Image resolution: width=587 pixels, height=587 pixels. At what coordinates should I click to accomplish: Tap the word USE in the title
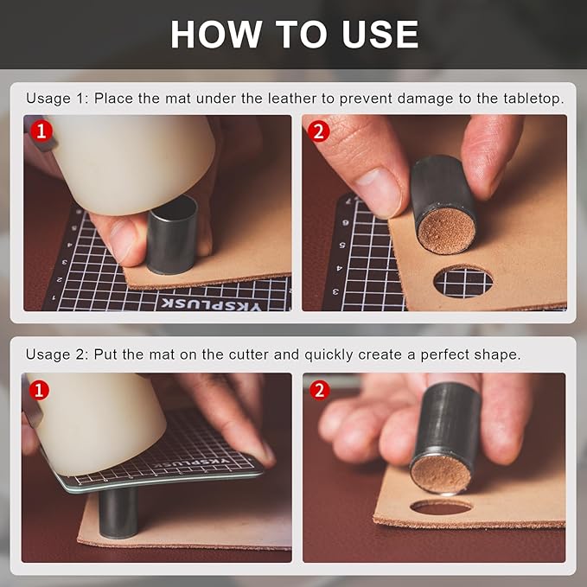coord(377,34)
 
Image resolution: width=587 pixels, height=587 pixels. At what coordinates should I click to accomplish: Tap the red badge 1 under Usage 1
coord(41,131)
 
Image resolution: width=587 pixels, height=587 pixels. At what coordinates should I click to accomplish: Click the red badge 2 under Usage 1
coord(319,131)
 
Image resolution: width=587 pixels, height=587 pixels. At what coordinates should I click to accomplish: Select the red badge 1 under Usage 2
coord(37,390)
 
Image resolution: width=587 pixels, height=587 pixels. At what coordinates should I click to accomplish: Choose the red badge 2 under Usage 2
coord(319,390)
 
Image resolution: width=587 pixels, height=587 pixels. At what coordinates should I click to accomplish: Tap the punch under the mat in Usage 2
coord(120,512)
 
